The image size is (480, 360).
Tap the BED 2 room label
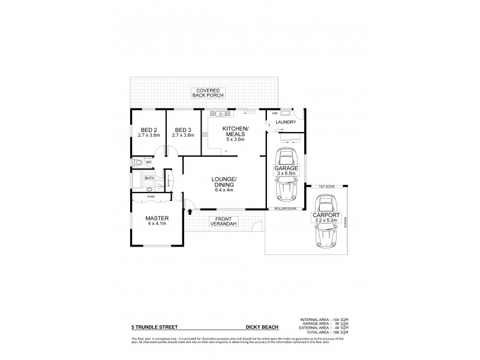coord(148,133)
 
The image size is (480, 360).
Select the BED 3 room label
coord(182,133)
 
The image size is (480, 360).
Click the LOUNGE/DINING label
coord(225,184)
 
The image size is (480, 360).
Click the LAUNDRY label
coord(287,123)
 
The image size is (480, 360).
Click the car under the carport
coord(328,238)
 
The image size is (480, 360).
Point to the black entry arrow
coord(190,211)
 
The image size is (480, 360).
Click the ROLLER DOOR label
coord(286,209)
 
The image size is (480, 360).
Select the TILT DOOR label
coord(326,187)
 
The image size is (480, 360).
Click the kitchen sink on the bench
coord(220,113)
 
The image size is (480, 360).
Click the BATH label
coord(149,178)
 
